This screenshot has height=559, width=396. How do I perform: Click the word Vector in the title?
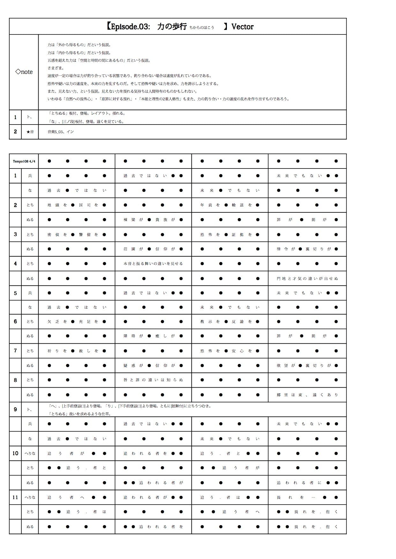click(x=242, y=26)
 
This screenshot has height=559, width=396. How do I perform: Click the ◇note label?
click(x=24, y=72)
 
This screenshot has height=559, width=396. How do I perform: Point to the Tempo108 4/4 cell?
click(x=24, y=161)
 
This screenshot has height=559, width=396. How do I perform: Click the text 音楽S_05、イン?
click(x=61, y=132)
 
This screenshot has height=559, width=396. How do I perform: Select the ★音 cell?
click(x=30, y=132)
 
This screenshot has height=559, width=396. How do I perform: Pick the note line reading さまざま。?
click(x=56, y=68)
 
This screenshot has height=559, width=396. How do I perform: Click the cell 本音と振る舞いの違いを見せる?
click(x=153, y=263)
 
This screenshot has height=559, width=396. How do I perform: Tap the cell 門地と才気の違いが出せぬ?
click(x=307, y=278)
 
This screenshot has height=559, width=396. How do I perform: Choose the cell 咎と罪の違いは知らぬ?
click(x=153, y=380)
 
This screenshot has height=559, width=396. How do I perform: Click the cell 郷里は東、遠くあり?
click(x=307, y=395)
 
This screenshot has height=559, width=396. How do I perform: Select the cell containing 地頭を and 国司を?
click(x=77, y=205)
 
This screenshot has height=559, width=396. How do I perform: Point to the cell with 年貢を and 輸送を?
click(x=230, y=205)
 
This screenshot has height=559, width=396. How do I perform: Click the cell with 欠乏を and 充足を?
click(x=77, y=321)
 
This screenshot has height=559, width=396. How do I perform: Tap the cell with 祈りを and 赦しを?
click(x=77, y=351)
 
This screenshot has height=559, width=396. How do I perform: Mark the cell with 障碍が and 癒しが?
click(x=153, y=336)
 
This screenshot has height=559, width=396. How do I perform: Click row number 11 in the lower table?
click(x=15, y=497)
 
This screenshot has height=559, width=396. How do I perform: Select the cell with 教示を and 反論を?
click(x=230, y=321)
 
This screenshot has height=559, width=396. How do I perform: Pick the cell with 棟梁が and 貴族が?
click(x=153, y=219)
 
